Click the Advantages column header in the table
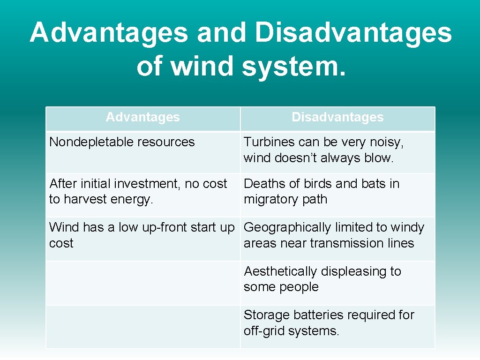[x=142, y=117]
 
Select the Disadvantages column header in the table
[x=337, y=117]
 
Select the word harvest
[x=85, y=199]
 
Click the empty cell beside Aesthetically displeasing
[x=143, y=283]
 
